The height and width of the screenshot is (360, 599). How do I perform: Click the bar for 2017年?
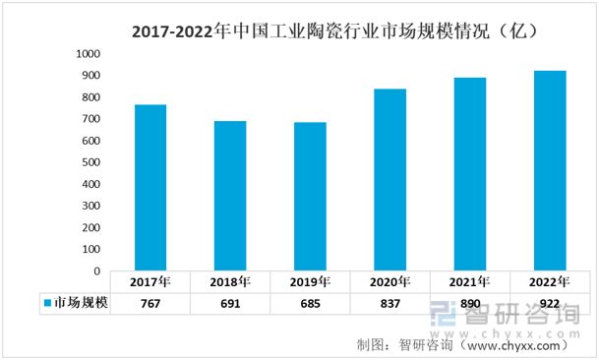[x=150, y=187]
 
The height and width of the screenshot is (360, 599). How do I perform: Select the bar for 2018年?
[x=230, y=196]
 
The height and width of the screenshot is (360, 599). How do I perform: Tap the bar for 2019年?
[x=310, y=197]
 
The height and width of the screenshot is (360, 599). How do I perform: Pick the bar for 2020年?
[x=389, y=180]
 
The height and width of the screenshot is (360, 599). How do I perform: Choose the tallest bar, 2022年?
[x=549, y=170]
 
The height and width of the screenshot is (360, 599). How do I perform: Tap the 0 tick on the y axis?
[x=96, y=270]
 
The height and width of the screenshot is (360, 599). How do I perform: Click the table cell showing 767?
[x=150, y=304]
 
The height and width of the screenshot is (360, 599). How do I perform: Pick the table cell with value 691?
[x=230, y=304]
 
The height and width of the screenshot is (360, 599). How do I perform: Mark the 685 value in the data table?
[x=310, y=304]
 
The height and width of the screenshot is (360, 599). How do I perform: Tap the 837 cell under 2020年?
[x=389, y=304]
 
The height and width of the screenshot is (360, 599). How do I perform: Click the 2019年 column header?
[x=310, y=282]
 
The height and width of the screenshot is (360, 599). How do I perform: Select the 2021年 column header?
[x=469, y=282]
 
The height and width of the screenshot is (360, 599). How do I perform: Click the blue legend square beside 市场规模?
[x=46, y=304]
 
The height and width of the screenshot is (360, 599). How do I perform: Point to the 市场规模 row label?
[x=80, y=304]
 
